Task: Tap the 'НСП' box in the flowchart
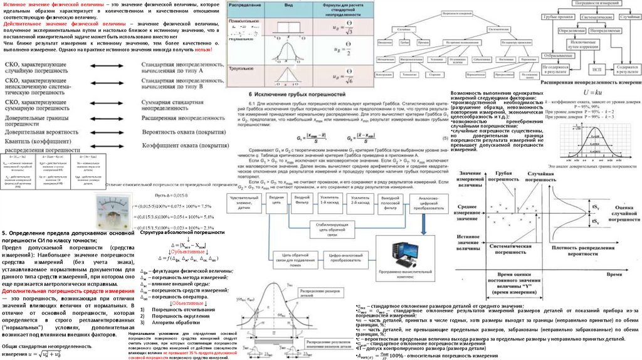596,68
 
